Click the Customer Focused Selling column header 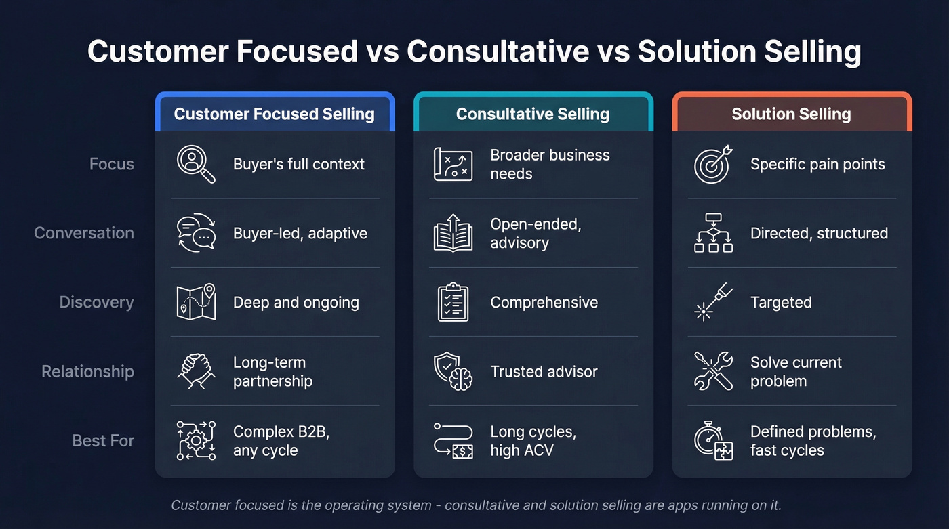275,114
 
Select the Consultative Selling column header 533,114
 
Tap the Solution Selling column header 791,114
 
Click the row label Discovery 96,302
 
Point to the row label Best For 103,441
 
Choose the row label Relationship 87,372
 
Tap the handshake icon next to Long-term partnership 196,371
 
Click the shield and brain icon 453,371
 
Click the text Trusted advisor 544,372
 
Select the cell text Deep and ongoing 296,303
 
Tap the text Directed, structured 819,234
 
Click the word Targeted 781,303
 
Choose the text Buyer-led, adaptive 300,234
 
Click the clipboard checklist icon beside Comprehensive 453,302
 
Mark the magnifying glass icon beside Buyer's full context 196,165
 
